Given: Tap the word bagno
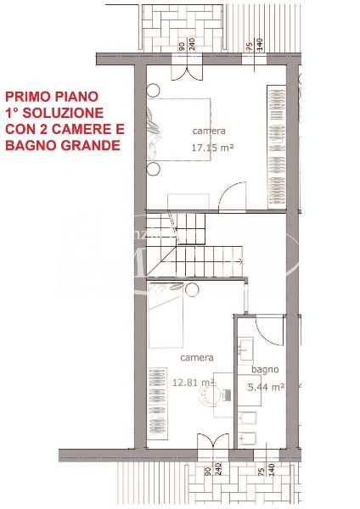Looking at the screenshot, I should click(265, 370).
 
